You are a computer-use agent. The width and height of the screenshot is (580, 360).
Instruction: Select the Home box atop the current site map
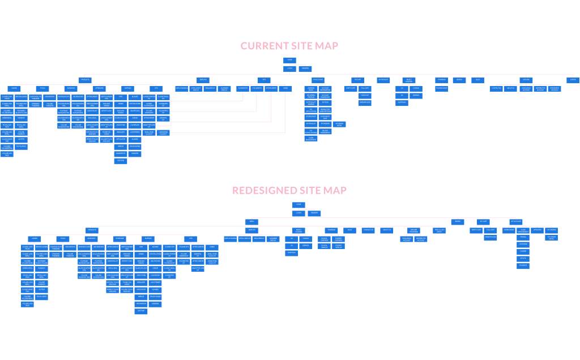289,60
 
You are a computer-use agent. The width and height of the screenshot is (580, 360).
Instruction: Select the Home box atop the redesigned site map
298,205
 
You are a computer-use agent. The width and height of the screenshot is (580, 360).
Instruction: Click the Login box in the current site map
289,68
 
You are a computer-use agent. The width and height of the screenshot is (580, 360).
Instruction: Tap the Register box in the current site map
305,68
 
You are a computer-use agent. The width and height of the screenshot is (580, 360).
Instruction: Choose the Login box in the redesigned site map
298,213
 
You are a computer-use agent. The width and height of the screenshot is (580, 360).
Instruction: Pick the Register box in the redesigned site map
314,213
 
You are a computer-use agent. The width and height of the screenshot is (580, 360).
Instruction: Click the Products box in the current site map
85,80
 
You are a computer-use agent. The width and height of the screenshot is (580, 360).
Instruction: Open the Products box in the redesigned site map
92,230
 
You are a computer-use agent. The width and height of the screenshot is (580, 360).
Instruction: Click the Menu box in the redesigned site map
251,221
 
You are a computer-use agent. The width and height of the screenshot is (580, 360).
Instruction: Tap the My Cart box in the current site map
357,80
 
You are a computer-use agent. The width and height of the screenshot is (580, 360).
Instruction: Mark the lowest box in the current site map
121,161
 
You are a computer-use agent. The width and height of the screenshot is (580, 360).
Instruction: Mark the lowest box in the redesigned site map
140,311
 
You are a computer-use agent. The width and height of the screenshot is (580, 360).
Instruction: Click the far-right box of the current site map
573,80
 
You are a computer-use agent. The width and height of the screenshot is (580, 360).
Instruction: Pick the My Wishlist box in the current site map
383,80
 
